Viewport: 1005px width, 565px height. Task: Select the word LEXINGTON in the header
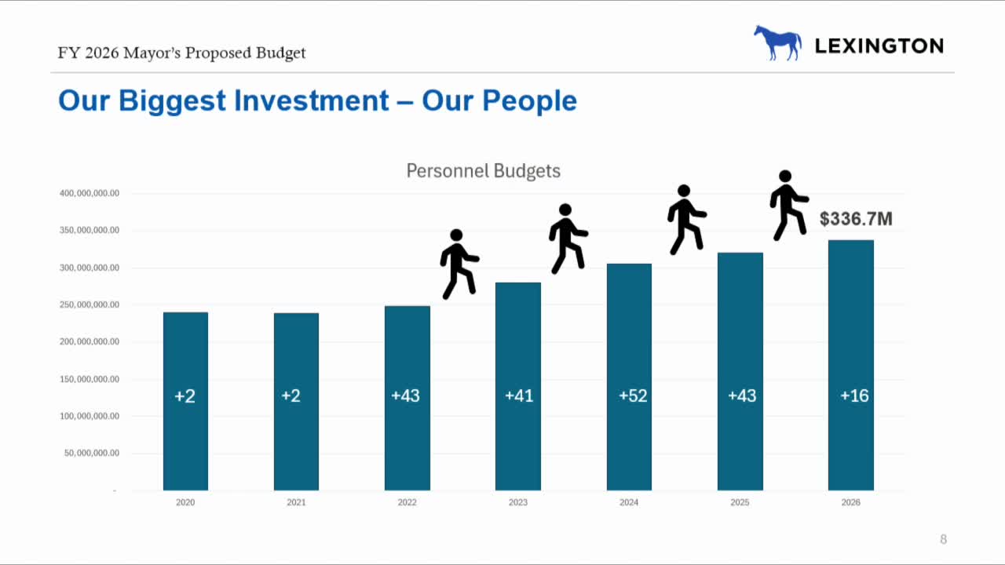coord(879,46)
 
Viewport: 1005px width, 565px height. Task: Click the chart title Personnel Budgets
coord(483,171)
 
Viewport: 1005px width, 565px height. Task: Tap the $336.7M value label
coord(856,219)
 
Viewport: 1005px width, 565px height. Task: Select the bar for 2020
coord(185,401)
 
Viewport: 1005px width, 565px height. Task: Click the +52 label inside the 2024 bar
coord(633,396)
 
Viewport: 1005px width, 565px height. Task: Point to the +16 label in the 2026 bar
coord(854,396)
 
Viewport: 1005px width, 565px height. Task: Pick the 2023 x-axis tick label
coord(518,502)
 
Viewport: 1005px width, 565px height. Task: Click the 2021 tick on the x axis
coord(296,502)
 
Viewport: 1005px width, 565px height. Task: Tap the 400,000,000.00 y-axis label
coord(90,194)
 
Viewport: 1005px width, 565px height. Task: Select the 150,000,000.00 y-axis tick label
coord(90,379)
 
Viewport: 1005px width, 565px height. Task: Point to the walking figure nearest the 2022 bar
coord(459,264)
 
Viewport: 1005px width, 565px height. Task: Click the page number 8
coord(943,539)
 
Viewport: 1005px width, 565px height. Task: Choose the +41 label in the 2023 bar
coord(519,396)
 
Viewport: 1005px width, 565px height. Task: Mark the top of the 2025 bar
coord(740,253)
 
